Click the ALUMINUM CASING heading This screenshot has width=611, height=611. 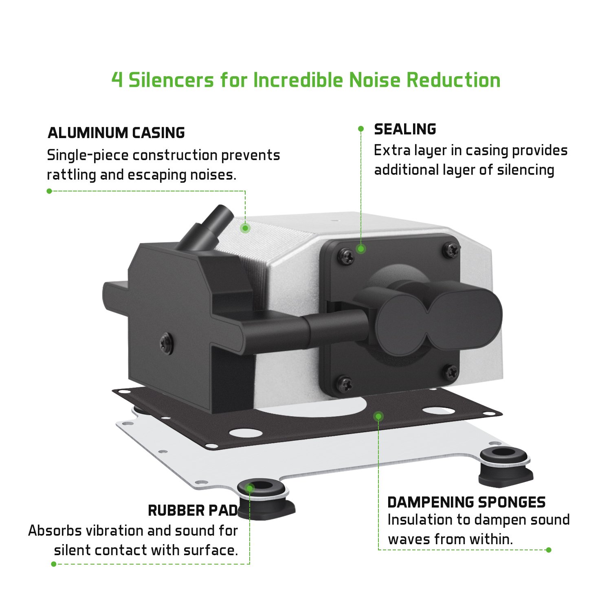(x=116, y=133)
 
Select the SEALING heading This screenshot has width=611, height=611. (x=405, y=129)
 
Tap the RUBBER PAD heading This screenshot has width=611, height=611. (x=193, y=510)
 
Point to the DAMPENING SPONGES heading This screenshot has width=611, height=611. (x=466, y=502)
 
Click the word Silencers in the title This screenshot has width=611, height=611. (x=171, y=80)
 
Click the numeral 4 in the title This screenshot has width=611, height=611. (x=117, y=80)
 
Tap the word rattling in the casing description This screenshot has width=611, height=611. (x=71, y=175)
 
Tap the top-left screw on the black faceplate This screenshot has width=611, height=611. (x=345, y=256)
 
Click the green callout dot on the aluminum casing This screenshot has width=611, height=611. (x=245, y=228)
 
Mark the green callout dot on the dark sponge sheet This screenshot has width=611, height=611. (x=379, y=416)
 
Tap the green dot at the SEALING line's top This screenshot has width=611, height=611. (x=361, y=129)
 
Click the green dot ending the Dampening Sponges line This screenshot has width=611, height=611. (x=549, y=550)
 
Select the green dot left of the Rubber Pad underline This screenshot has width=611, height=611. (x=54, y=564)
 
